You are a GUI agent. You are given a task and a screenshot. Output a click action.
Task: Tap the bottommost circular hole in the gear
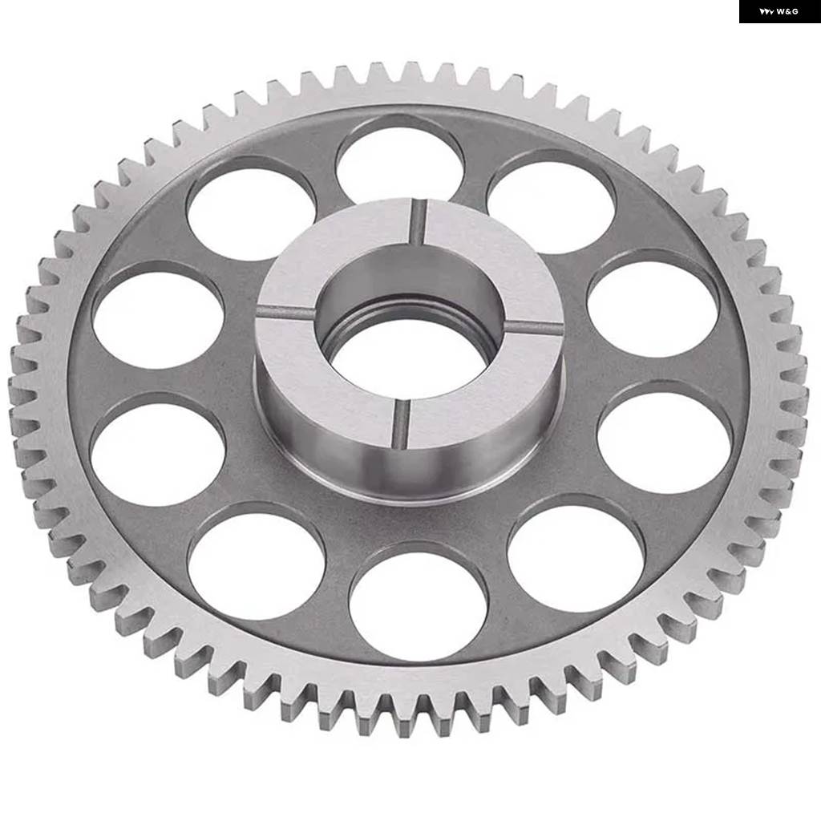[x=418, y=601]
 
